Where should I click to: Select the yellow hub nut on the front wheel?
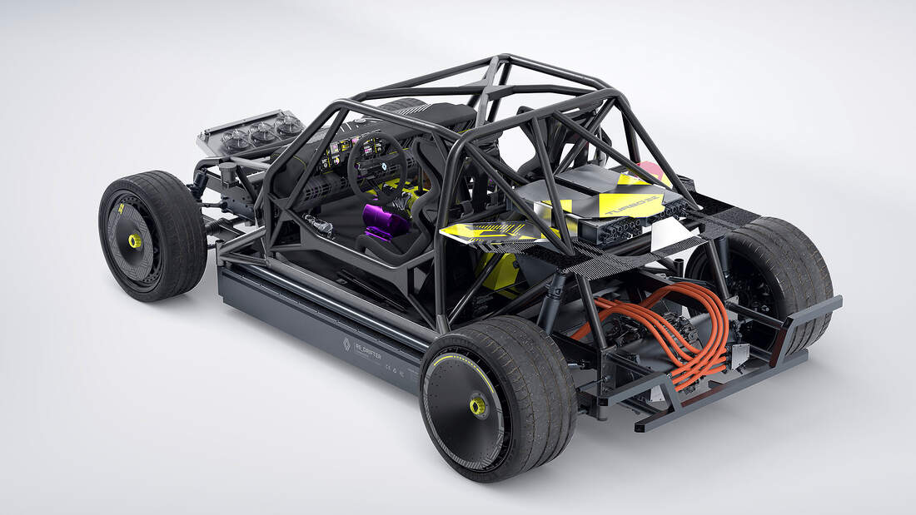pyautogui.click(x=134, y=241)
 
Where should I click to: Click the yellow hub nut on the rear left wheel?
pyautogui.click(x=478, y=406)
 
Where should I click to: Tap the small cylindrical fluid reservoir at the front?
pyautogui.click(x=227, y=175)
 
